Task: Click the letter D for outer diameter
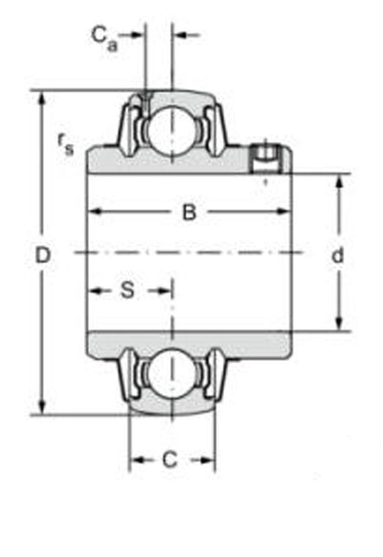pos(42,255)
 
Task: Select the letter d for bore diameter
pos(338,255)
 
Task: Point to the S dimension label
pos(127,291)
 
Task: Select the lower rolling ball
pos(171,373)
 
